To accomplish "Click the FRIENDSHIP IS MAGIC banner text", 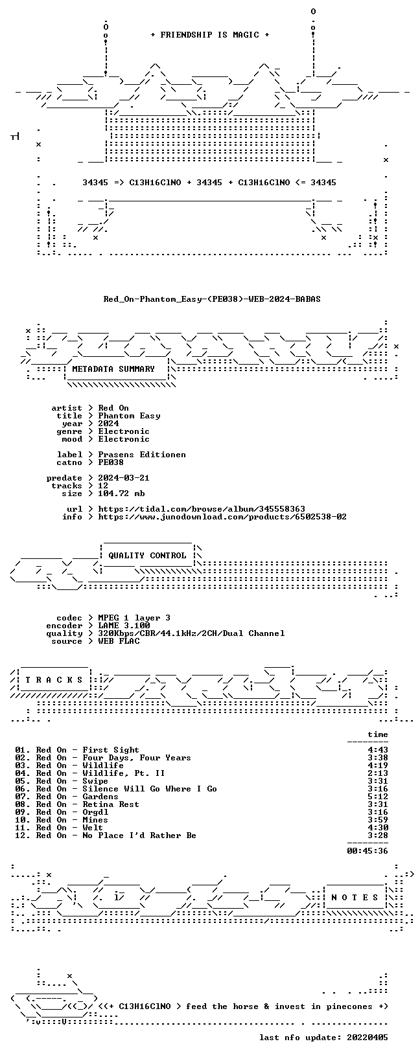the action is pyautogui.click(x=210, y=35).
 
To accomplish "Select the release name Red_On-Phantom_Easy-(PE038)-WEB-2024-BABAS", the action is pyautogui.click(x=212, y=299).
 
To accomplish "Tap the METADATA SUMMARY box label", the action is pyautogui.click(x=113, y=369).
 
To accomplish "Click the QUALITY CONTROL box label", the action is pyautogui.click(x=147, y=556).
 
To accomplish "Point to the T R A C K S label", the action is pyautogui.click(x=54, y=680).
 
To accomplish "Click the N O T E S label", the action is pyautogui.click(x=355, y=898).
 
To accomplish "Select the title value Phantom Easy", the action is pyautogui.click(x=130, y=416).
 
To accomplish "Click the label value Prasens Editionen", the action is pyautogui.click(x=142, y=455).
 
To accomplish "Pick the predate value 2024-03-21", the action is pyautogui.click(x=124, y=478).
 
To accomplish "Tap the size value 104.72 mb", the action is pyautogui.click(x=121, y=494).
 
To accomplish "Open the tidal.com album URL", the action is pyautogui.click(x=202, y=509).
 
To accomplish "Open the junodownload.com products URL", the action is pyautogui.click(x=222, y=517).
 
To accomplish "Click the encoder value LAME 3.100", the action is pyautogui.click(x=124, y=626).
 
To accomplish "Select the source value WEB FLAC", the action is pyautogui.click(x=119, y=641).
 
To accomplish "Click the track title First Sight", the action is pyautogui.click(x=111, y=750).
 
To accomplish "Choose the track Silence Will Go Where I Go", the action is pyautogui.click(x=150, y=789).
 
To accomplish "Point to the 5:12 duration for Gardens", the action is pyautogui.click(x=378, y=797).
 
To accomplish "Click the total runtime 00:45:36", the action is pyautogui.click(x=367, y=851).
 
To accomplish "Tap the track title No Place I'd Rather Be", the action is pyautogui.click(x=139, y=835).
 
